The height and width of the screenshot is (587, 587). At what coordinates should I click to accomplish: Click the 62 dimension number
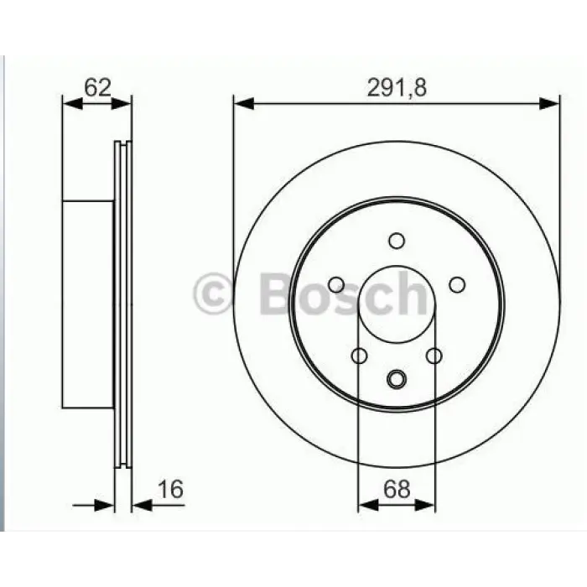point(98,87)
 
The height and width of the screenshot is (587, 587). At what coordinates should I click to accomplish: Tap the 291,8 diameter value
point(397,88)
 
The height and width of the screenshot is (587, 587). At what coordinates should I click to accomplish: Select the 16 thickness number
point(171,489)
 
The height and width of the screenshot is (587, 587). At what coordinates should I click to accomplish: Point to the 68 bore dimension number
point(397,489)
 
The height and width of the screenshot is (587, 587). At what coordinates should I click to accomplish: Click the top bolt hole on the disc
point(397,241)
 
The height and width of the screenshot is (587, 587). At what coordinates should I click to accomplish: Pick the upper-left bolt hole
point(336,285)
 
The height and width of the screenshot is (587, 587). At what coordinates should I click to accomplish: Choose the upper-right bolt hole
point(457,285)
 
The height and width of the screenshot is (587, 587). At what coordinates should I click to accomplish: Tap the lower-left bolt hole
point(360,356)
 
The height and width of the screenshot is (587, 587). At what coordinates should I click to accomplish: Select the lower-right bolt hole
point(434,356)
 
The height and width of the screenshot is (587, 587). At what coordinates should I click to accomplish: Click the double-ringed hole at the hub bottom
point(397,379)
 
